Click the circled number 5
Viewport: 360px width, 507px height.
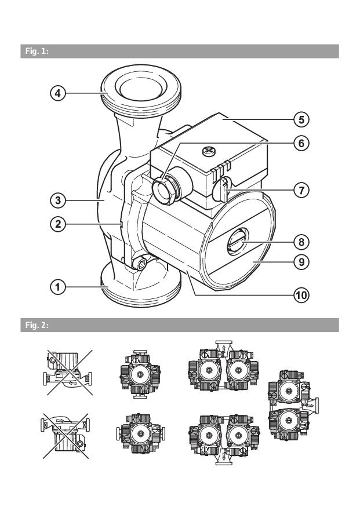[300, 120]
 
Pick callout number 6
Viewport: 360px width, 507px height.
[300, 141]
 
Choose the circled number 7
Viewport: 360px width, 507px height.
[300, 189]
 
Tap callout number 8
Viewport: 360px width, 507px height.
[300, 240]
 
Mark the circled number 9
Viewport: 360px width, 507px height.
[300, 261]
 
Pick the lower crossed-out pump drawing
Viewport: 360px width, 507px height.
[64, 436]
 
